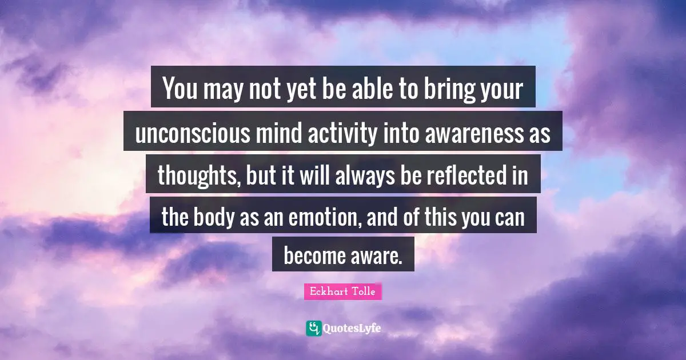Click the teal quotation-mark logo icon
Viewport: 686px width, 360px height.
[x=313, y=328]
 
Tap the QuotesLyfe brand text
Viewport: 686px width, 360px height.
[x=352, y=328]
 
